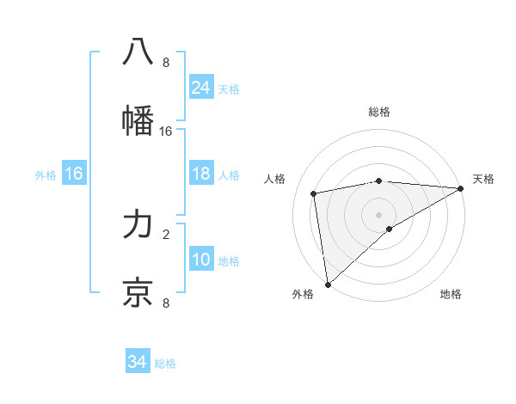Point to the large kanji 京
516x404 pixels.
coord(138,292)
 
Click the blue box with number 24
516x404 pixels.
coord(201,88)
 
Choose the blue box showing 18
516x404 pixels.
coord(201,174)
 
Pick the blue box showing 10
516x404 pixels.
coord(201,260)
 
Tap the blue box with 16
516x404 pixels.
coord(74,174)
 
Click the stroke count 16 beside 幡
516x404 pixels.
coord(166,132)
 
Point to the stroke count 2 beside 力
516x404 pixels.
coord(166,233)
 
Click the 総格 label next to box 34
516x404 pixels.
coord(166,364)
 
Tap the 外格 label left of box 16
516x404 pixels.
coord(46,175)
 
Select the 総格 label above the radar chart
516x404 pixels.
coord(379,112)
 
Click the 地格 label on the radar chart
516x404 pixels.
coord(451,294)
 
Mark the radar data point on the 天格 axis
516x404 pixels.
coord(461,189)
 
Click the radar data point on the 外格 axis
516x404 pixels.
coord(328,284)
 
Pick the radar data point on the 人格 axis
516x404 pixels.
coord(314,193)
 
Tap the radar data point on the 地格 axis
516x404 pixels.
coord(390,229)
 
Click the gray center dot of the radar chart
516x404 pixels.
coord(379,214)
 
